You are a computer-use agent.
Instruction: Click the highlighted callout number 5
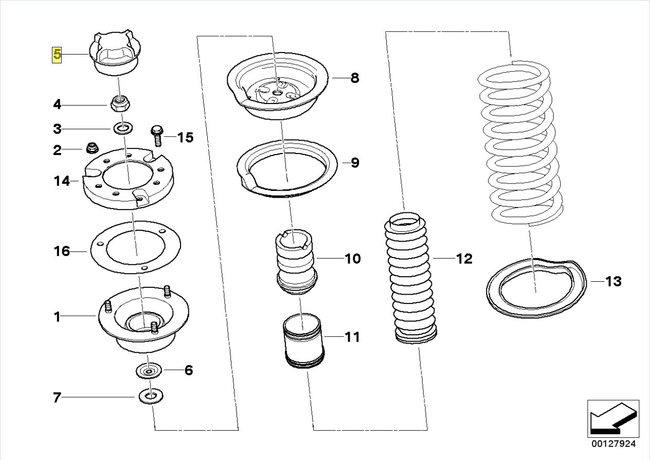[x=56, y=54]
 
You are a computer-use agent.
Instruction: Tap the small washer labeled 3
[x=122, y=128]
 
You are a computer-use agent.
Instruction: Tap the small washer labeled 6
[x=149, y=370]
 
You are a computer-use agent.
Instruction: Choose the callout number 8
[x=354, y=78]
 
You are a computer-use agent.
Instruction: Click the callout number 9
[x=354, y=163]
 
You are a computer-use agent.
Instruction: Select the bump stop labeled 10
[x=296, y=263]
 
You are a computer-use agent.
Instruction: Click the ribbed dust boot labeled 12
[x=409, y=278]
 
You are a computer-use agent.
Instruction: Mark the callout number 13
[x=613, y=281]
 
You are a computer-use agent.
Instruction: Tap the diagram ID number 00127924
[x=613, y=444]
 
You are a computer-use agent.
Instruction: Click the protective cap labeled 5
[x=114, y=54]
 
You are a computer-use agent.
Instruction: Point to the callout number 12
[x=463, y=258]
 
